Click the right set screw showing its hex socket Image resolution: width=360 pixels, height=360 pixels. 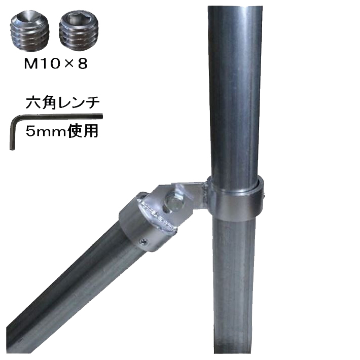pos(79,31)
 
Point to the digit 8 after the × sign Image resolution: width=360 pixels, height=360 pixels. pos(83,63)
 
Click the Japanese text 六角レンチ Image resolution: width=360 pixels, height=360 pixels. pos(62,102)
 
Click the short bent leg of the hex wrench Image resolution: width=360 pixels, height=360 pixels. pos(12,134)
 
